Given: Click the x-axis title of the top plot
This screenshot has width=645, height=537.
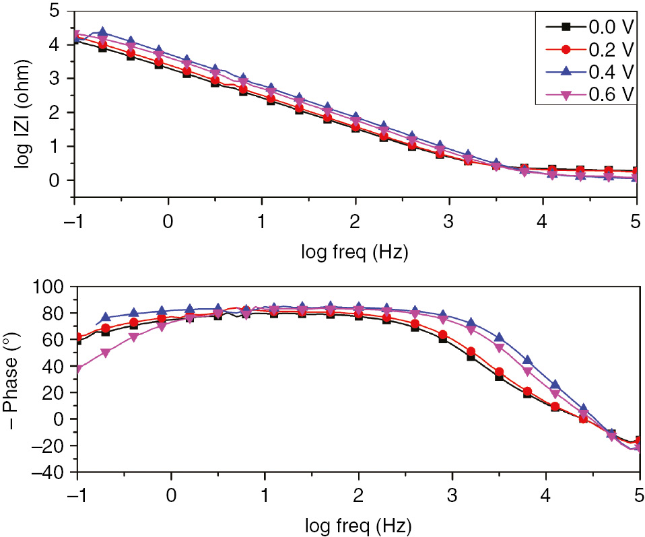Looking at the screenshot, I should pyautogui.click(x=355, y=254).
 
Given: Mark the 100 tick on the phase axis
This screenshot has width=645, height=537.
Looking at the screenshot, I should pyautogui.click(x=50, y=287).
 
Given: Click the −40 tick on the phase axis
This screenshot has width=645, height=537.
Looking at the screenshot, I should pyautogui.click(x=50, y=472).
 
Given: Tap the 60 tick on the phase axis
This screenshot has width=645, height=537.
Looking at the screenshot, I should pyautogui.click(x=54, y=341).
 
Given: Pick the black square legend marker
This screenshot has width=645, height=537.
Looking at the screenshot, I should pyautogui.click(x=566, y=27).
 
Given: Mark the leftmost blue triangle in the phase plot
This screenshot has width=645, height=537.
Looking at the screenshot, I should pyautogui.click(x=105, y=317).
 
